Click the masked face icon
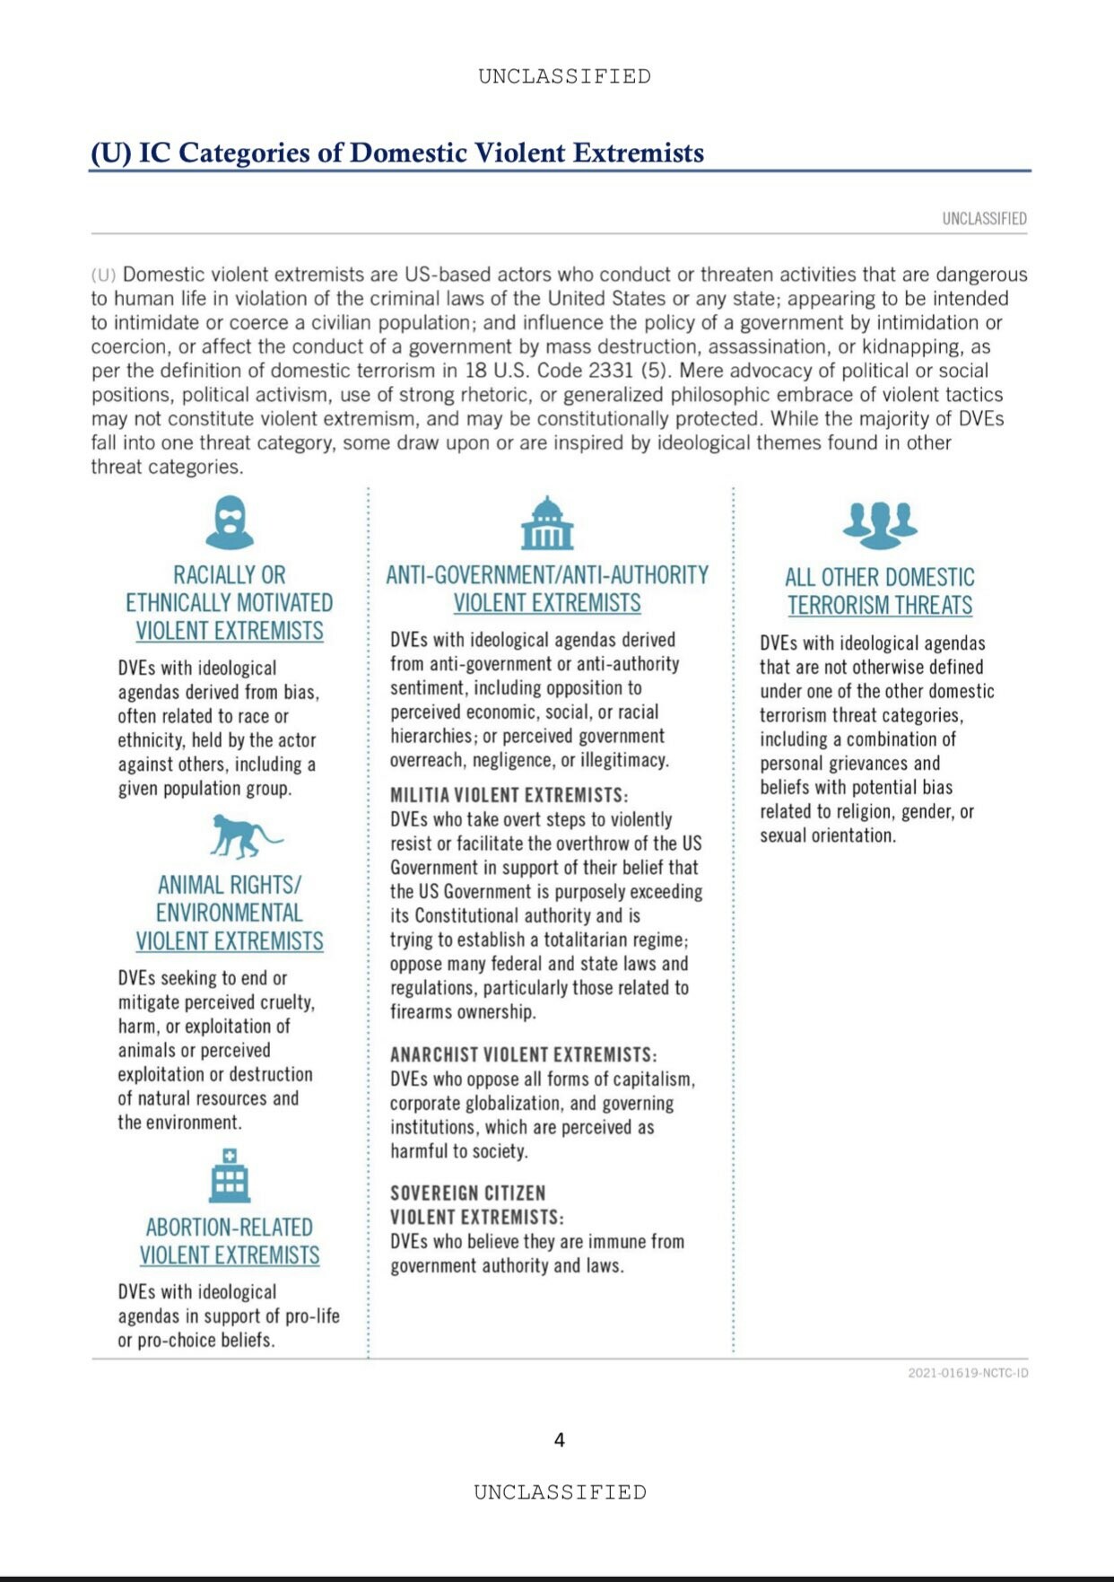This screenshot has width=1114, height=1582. (230, 522)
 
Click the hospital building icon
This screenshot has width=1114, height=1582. (230, 1176)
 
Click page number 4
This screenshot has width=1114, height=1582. (560, 1440)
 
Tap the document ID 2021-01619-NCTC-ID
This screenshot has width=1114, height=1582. (968, 1373)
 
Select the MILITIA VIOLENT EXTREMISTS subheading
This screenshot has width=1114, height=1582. (509, 795)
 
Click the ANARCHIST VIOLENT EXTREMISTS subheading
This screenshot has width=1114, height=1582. (523, 1054)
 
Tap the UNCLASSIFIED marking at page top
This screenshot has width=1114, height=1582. (564, 76)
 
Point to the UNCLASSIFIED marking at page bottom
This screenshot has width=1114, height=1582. (560, 1492)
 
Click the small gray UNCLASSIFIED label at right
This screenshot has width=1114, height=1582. (984, 219)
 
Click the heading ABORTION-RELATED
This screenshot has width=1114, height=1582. (230, 1228)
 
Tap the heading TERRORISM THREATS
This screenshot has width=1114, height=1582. (880, 606)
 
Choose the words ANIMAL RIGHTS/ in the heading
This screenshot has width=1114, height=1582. (230, 885)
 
